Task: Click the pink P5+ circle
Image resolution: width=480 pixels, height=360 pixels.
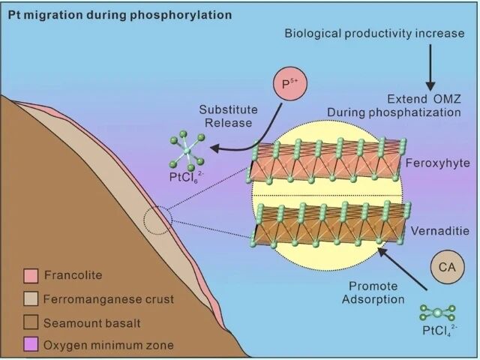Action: pyautogui.click(x=289, y=83)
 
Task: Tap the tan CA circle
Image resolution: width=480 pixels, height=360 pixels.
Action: pyautogui.click(x=447, y=267)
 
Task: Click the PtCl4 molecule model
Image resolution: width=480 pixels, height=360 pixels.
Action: pyautogui.click(x=438, y=313)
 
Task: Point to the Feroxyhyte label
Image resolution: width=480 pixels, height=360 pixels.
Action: pyautogui.click(x=437, y=163)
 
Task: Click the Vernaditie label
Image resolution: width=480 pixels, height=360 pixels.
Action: pyautogui.click(x=440, y=230)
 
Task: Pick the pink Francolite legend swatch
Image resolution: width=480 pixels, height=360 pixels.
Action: pyautogui.click(x=31, y=275)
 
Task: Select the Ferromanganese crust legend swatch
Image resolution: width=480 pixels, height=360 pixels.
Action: pyautogui.click(x=31, y=298)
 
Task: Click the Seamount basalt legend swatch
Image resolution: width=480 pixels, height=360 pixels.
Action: pyautogui.click(x=31, y=322)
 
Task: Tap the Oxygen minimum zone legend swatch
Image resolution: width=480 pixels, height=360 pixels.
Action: pyautogui.click(x=31, y=344)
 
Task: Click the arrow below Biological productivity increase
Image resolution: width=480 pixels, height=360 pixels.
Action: pyautogui.click(x=430, y=67)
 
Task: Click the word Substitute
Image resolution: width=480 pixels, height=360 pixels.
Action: pyautogui.click(x=228, y=109)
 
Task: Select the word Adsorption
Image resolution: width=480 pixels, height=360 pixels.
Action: pyautogui.click(x=373, y=299)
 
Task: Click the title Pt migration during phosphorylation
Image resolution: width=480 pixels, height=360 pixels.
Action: pyautogui.click(x=120, y=15)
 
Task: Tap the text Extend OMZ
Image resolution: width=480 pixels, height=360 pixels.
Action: pyautogui.click(x=424, y=99)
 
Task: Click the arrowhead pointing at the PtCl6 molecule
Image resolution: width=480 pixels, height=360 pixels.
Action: pyautogui.click(x=215, y=148)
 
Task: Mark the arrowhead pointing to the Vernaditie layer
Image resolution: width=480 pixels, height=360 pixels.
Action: pyautogui.click(x=382, y=252)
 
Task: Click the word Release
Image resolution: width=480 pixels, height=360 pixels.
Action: pyautogui.click(x=228, y=123)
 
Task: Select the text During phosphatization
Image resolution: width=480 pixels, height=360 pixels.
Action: pyautogui.click(x=394, y=112)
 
